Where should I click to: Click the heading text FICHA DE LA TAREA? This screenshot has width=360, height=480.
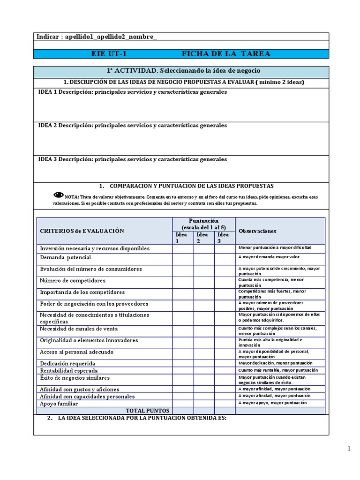click(x=225, y=54)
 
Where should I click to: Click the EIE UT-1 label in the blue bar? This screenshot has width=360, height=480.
click(x=109, y=54)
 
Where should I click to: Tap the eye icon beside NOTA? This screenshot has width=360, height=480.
click(x=59, y=195)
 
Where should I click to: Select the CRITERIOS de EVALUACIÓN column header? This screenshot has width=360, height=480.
click(x=82, y=231)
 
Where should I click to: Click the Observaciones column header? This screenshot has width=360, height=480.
click(x=257, y=231)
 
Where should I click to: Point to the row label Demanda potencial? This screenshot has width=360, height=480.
click(x=66, y=258)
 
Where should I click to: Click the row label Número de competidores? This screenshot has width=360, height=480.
click(x=73, y=281)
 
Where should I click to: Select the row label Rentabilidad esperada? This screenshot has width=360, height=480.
click(x=69, y=371)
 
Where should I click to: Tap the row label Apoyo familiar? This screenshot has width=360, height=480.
click(x=59, y=404)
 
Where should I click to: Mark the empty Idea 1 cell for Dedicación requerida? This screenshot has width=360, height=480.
click(x=183, y=363)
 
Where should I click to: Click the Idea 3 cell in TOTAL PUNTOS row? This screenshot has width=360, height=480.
click(x=225, y=411)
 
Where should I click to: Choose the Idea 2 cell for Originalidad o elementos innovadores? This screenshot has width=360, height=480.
click(x=204, y=340)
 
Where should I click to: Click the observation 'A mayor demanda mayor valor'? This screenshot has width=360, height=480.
click(x=269, y=257)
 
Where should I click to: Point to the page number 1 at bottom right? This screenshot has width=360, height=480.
click(x=349, y=449)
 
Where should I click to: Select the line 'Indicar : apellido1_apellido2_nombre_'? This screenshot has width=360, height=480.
click(x=97, y=37)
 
